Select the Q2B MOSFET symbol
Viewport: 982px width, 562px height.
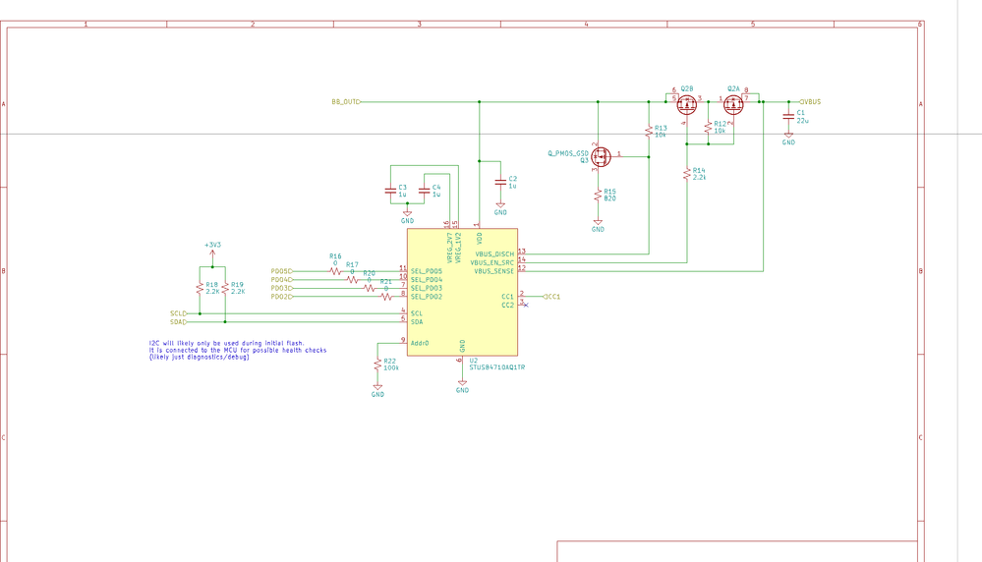[685, 103]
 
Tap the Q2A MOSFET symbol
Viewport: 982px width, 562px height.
[733, 103]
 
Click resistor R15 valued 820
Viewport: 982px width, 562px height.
[598, 196]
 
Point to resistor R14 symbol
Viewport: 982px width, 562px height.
[685, 175]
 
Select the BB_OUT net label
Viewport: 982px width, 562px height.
[345, 101]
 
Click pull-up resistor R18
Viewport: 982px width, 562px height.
[200, 288]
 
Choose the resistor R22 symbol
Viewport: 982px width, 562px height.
[377, 365]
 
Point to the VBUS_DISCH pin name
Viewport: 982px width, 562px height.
[493, 253]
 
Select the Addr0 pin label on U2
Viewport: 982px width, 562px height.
[421, 342]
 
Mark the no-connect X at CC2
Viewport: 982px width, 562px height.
[526, 305]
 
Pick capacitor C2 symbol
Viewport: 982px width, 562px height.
[500, 182]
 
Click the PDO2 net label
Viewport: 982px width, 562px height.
[281, 297]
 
